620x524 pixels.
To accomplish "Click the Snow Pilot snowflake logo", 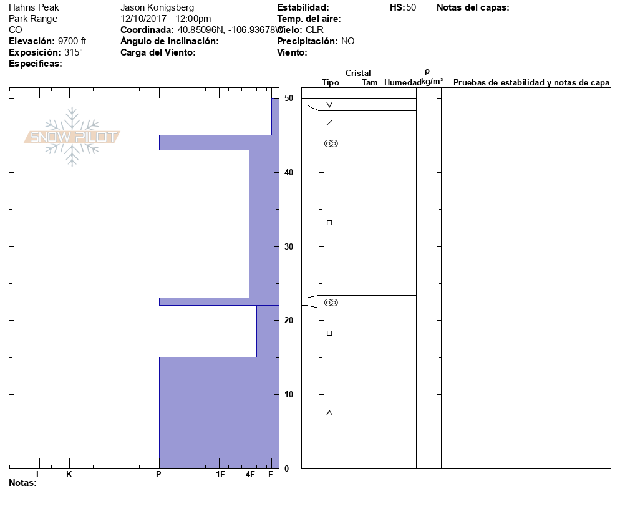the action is tap(72, 137).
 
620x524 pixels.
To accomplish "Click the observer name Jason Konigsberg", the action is tap(157, 7).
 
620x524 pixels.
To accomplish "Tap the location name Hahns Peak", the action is tap(34, 7).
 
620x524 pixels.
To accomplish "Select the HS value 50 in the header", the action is tap(411, 7).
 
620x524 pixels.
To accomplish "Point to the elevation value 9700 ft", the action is tap(72, 41).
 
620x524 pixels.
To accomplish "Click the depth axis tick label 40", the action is tap(289, 172).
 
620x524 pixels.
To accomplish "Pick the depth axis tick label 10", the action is tap(289, 394).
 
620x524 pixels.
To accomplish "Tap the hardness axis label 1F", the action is tap(220, 474).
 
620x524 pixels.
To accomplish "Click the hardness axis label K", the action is tap(69, 474).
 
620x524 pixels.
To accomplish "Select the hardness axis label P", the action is tap(158, 474).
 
